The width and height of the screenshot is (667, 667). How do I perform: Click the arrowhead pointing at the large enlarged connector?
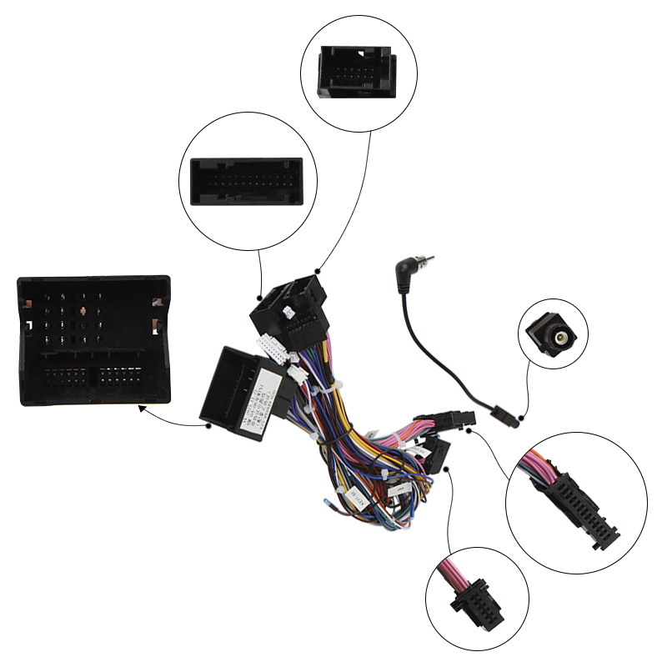[x=142, y=409]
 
